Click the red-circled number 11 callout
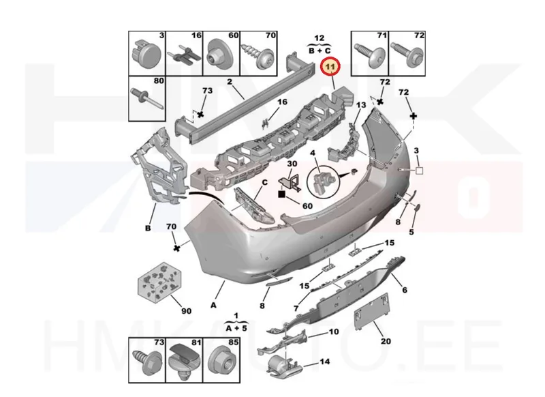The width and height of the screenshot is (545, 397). (330, 66)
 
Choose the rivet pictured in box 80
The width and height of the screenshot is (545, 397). (146, 98)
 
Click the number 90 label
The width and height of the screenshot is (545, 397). (186, 311)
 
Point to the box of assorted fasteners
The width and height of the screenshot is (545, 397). (160, 280)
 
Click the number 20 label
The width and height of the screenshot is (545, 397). (386, 341)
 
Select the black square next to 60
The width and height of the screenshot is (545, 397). (281, 194)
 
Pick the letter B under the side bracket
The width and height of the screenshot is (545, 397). (148, 229)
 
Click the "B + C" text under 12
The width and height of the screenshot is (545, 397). (320, 50)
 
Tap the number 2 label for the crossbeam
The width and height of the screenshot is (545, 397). (230, 82)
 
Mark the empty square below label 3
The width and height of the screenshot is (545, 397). (419, 171)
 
